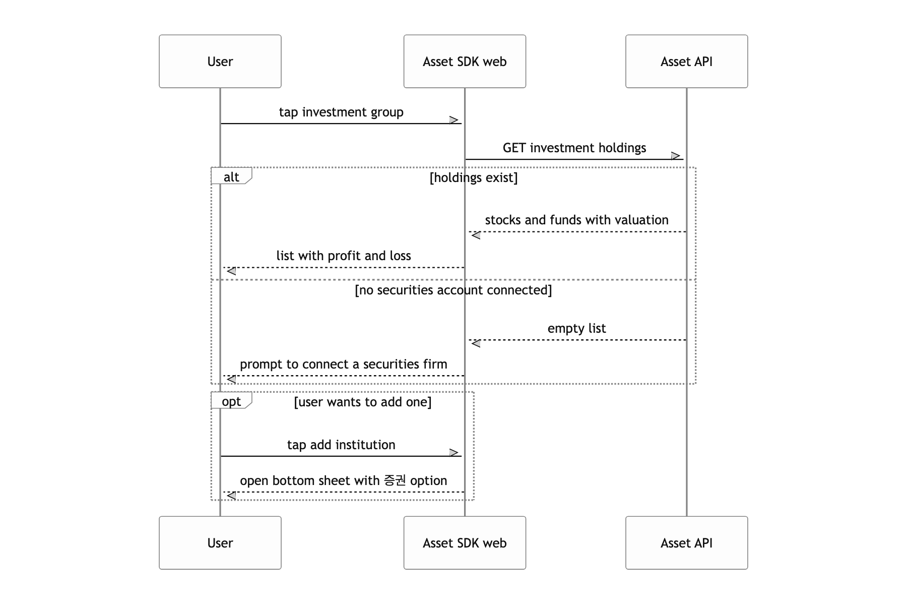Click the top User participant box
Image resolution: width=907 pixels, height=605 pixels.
click(220, 62)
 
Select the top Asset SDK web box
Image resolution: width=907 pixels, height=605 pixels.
click(465, 62)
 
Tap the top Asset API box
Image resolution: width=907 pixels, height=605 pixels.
click(687, 62)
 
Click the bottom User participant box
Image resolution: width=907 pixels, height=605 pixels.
click(220, 543)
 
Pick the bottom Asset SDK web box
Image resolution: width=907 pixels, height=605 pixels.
click(465, 543)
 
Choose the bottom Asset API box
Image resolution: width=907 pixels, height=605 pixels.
click(687, 543)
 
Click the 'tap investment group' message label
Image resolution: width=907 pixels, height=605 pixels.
click(341, 112)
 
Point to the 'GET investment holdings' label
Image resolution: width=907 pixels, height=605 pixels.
click(574, 148)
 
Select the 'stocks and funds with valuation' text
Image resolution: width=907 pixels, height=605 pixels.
click(577, 220)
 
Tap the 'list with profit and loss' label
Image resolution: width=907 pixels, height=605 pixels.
click(344, 256)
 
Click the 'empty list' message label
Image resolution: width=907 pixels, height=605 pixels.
click(577, 329)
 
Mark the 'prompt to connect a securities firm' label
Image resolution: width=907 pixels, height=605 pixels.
click(344, 365)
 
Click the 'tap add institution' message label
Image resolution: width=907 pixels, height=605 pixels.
click(341, 445)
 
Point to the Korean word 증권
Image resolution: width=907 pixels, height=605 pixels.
click(395, 480)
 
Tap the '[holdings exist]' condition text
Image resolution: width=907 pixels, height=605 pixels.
click(474, 177)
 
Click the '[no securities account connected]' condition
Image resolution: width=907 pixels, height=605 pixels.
click(454, 290)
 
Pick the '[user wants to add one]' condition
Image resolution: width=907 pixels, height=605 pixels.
click(363, 402)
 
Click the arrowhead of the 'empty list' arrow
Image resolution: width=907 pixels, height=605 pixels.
click(475, 343)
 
